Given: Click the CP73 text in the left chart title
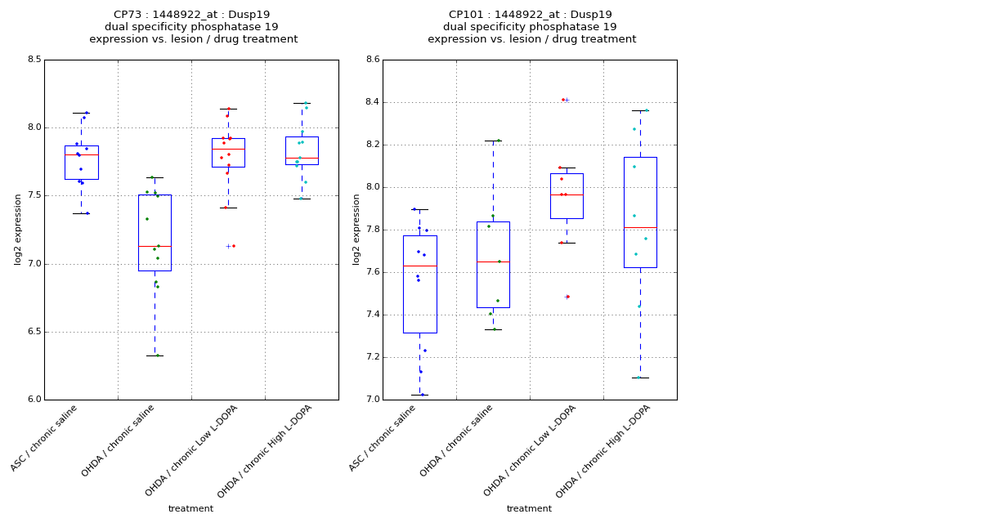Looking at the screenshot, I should tap(128, 15).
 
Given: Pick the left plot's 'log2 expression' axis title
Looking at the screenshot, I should tap(18, 229).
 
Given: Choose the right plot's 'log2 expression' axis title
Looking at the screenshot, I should tap(356, 229).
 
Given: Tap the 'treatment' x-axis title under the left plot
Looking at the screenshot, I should tap(190, 509).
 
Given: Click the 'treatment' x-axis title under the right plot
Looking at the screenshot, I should tap(529, 509).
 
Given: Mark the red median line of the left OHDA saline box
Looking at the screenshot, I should tap(155, 246).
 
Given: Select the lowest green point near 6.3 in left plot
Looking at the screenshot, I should tap(158, 355).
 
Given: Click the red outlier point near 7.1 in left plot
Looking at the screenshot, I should tap(234, 246).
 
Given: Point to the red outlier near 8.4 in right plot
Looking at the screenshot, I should tap(562, 100).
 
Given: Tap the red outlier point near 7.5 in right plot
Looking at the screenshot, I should tap(567, 297).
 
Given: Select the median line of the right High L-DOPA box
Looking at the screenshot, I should tap(640, 227).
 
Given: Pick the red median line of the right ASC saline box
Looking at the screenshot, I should tap(419, 266).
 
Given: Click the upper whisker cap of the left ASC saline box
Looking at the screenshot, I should tap(81, 113).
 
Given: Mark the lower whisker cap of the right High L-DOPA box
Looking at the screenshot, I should tap(640, 378).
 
